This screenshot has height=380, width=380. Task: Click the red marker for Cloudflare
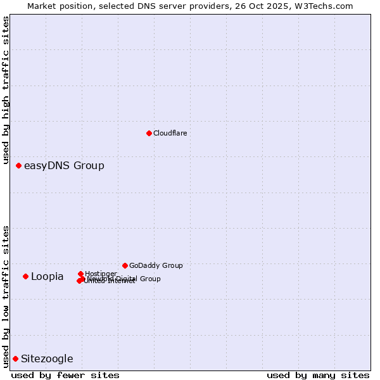click(149, 133)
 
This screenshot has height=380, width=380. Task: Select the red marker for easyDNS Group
click(18, 165)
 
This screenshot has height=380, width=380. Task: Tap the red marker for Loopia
click(25, 276)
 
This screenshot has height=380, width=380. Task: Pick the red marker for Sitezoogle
click(15, 358)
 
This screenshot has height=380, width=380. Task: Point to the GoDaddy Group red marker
click(125, 265)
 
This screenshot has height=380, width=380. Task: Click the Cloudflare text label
click(170, 133)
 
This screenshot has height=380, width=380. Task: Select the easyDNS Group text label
click(64, 166)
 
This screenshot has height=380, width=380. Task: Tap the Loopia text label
click(47, 277)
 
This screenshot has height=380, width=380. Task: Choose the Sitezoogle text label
click(47, 359)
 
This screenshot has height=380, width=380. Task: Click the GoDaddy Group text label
click(156, 265)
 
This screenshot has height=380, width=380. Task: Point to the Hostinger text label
click(101, 274)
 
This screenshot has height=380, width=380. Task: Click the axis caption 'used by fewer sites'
click(65, 375)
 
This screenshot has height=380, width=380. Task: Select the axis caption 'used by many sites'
click(318, 375)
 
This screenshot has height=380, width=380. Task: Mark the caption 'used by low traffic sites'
click(6, 296)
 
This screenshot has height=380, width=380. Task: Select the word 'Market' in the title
click(42, 6)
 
